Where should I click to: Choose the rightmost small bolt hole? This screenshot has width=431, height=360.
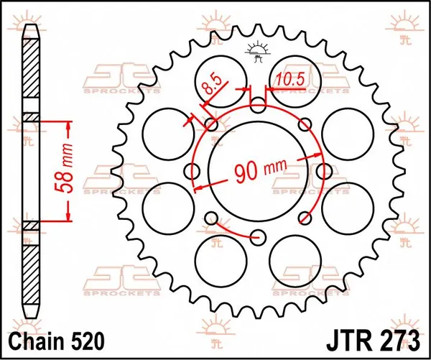[x=323, y=171]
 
